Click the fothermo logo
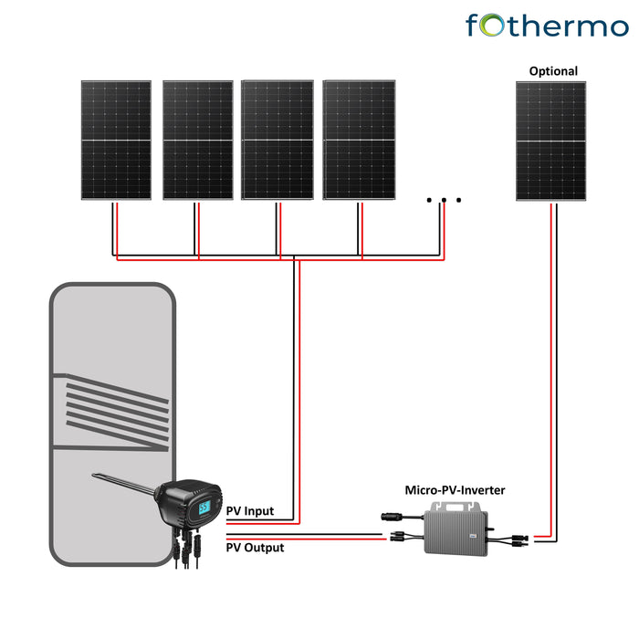point(546,25)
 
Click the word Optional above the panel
point(553,71)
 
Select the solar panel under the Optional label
point(550,141)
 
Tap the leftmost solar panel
point(115,140)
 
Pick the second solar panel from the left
point(197,140)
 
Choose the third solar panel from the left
point(278,140)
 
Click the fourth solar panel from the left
point(360,140)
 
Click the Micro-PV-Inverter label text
point(455,490)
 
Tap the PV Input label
point(249,511)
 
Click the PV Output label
point(255,548)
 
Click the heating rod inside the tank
point(123,481)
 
